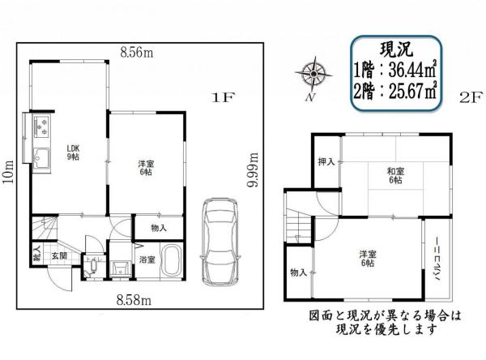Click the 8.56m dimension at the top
tap(138, 53)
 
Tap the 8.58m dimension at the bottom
tap(134, 302)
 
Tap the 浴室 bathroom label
tap(147, 260)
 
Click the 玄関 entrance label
tap(60, 256)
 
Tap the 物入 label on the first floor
tap(159, 228)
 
